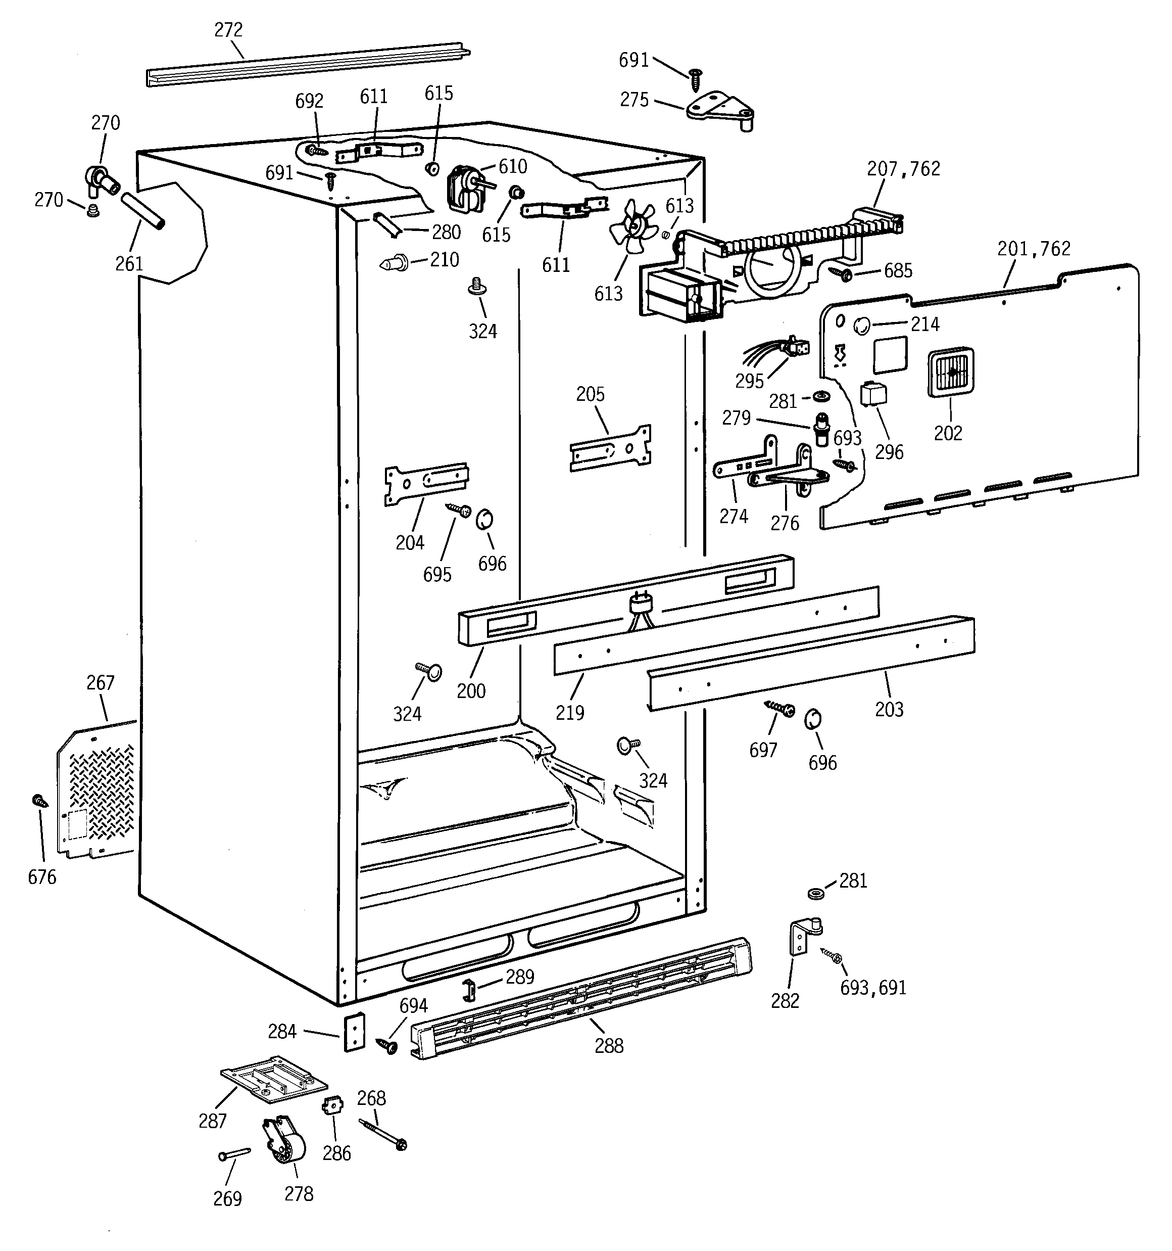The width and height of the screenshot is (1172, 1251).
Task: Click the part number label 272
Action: click(228, 30)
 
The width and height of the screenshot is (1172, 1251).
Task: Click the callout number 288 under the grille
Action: click(608, 1046)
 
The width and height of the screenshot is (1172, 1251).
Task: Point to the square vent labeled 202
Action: click(950, 373)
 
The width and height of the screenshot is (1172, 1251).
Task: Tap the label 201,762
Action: click(1034, 249)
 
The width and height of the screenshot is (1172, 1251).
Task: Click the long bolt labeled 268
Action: click(382, 1133)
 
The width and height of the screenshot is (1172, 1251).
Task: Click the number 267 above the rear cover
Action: click(100, 683)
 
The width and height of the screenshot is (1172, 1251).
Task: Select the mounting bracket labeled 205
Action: click(610, 448)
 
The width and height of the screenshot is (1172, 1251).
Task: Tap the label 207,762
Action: click(903, 169)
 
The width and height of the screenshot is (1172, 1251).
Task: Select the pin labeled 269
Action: click(234, 1153)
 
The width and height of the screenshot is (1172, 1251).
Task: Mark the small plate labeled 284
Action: click(354, 1032)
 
